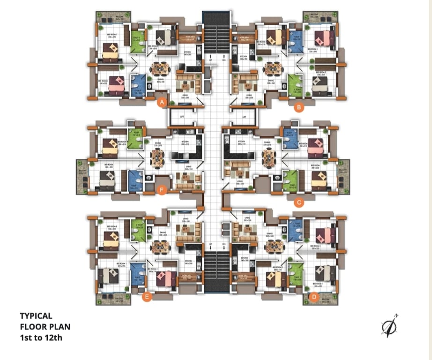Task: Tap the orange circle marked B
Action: coord(298,107)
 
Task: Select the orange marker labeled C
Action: coord(298,202)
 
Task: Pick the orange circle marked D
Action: coord(314,297)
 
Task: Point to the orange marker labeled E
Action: coord(147,296)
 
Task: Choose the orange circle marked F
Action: coord(162,190)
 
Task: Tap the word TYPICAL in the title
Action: coord(36,316)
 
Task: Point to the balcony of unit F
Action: coord(82,176)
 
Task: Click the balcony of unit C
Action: coord(343,176)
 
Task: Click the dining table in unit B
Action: coord(271,68)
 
